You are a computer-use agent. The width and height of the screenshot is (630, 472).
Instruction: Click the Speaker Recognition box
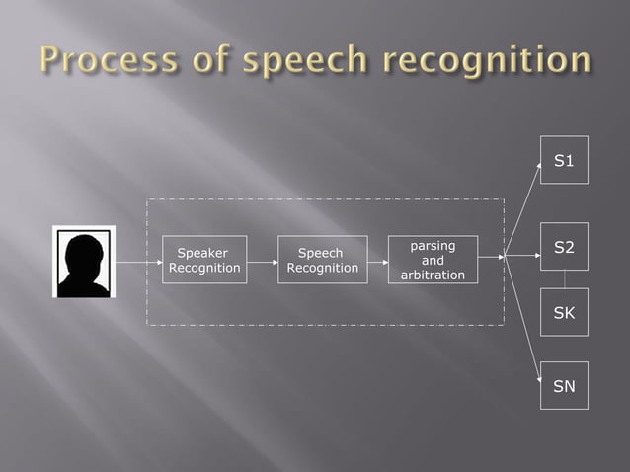[x=204, y=260]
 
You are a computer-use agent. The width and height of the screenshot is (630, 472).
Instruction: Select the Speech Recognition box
[x=322, y=260]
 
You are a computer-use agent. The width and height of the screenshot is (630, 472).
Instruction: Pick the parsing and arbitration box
[x=433, y=260]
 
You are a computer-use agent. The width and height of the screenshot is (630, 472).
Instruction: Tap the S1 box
[x=564, y=160]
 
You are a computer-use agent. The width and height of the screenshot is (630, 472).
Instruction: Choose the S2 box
[x=564, y=247]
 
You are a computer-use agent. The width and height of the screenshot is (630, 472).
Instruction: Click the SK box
[x=564, y=312]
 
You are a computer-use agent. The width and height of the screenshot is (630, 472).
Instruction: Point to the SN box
[x=564, y=386]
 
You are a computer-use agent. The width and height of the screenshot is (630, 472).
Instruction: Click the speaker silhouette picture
[x=84, y=262]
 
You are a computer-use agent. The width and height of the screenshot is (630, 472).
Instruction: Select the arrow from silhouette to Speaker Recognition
[x=138, y=263]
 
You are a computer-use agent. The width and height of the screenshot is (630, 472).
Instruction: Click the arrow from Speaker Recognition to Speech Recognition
[x=262, y=263]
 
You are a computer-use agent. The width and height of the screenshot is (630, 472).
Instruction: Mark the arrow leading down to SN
[x=522, y=317]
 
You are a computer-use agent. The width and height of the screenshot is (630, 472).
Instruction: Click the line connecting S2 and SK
[x=564, y=279]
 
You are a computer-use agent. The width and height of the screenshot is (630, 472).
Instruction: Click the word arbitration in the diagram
[x=433, y=275]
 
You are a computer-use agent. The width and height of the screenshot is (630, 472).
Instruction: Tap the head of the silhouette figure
[x=84, y=251]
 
